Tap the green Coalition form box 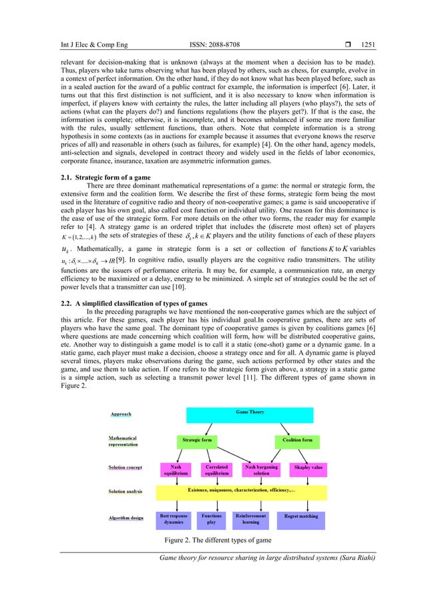pyautogui.click(x=296, y=441)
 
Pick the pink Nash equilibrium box pyautogui.click(x=176, y=471)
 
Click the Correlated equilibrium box pyautogui.click(x=218, y=471)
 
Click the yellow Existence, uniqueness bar pyautogui.click(x=241, y=493)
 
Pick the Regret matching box pyautogui.click(x=300, y=518)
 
